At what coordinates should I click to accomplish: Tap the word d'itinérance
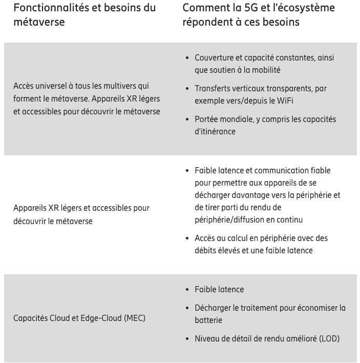click(215, 131)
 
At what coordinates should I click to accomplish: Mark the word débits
click(206, 250)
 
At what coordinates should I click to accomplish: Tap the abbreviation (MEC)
click(135, 318)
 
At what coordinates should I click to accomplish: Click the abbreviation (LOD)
click(328, 338)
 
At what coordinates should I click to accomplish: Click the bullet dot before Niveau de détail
click(187, 338)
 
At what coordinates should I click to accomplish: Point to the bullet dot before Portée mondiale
click(187, 119)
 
